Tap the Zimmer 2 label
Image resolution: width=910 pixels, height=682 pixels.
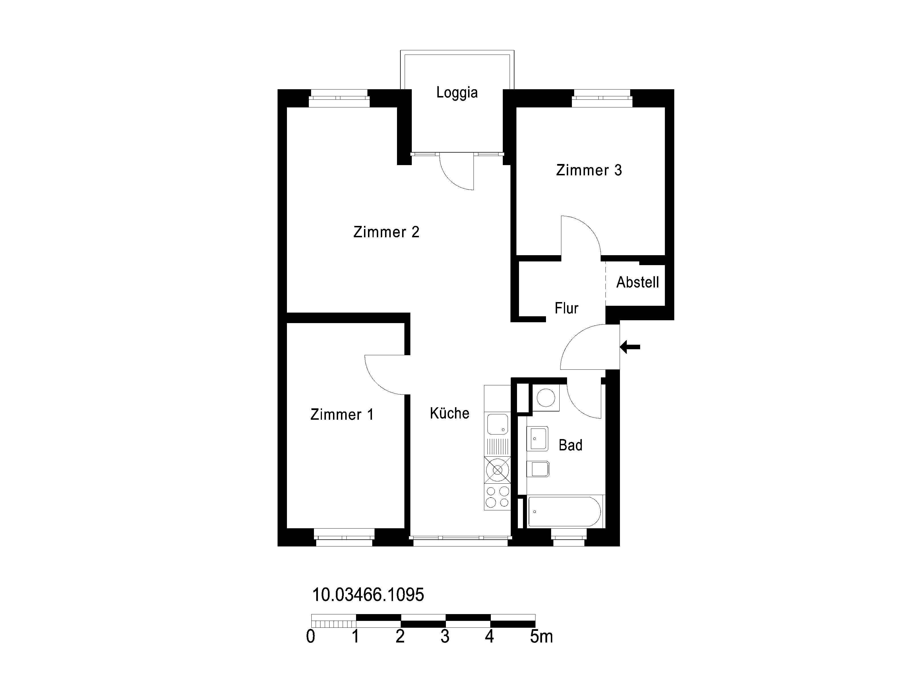point(386,232)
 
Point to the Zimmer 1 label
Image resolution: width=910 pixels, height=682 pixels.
point(342,414)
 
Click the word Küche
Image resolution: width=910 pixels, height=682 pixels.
point(450,413)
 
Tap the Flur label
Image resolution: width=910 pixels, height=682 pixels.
point(566,308)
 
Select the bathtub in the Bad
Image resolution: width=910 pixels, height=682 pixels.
point(564,512)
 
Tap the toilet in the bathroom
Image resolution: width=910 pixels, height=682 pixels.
point(538,469)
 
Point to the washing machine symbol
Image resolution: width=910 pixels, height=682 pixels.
point(546,398)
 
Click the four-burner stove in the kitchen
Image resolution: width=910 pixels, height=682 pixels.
point(497,497)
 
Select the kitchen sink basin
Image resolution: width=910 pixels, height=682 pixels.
point(497,424)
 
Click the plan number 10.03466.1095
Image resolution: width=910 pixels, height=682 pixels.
point(368,595)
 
